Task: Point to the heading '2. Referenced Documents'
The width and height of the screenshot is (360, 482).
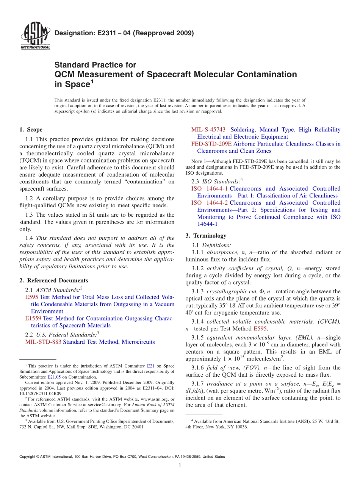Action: click(x=53, y=280)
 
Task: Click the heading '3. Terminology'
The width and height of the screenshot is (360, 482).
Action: click(x=206, y=236)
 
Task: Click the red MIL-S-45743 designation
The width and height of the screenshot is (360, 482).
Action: click(x=208, y=130)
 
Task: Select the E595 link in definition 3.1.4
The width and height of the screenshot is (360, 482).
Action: click(x=260, y=329)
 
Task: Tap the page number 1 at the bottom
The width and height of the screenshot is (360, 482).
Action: click(x=180, y=466)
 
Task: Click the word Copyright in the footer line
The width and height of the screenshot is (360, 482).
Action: click(x=28, y=457)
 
